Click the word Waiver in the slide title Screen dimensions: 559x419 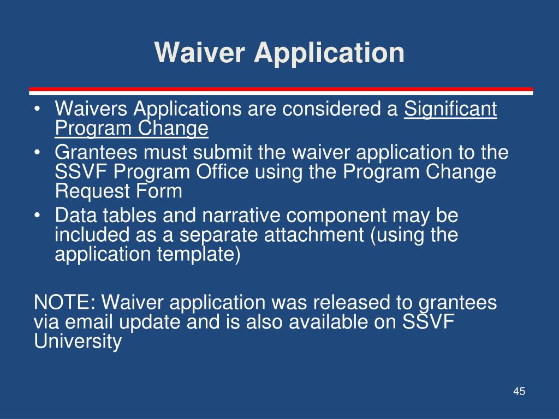pos(200,52)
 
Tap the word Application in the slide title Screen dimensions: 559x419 pos(329,54)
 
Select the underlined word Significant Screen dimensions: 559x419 pos(450,109)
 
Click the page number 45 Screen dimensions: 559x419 pos(519,391)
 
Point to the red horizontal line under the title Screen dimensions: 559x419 pos(281,89)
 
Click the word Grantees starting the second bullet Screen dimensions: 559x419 pos(96,153)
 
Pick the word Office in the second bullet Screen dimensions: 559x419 pos(222,172)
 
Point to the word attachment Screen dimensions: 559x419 pos(314,235)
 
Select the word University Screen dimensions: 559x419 pos(78,342)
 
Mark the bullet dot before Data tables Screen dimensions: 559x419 pos(37,216)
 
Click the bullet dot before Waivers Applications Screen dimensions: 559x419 pos(37,109)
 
